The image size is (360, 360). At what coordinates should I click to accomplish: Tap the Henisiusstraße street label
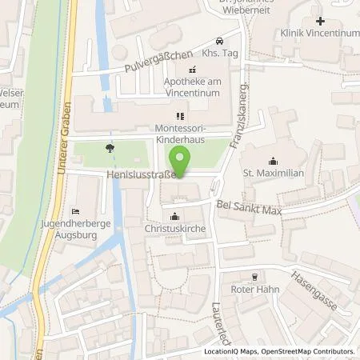click(141, 173)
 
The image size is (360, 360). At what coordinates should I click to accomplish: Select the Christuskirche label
click(175, 229)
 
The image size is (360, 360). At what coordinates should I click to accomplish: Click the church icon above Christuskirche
click(175, 216)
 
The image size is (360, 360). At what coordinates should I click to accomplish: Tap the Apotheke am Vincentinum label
click(191, 86)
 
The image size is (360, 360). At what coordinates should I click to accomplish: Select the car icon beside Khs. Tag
click(219, 40)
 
